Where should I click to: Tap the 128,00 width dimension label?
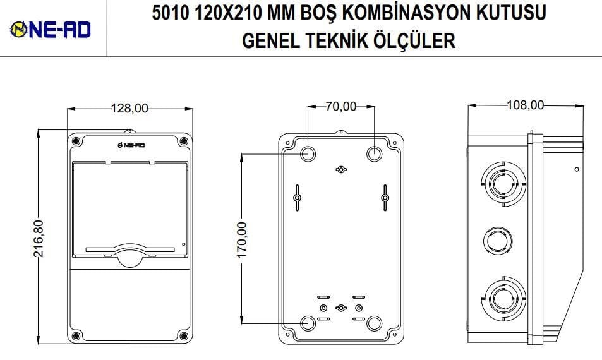click(x=129, y=108)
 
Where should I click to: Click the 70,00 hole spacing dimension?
click(x=340, y=107)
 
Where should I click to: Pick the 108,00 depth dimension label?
click(x=525, y=105)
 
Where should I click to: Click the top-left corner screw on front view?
click(x=76, y=141)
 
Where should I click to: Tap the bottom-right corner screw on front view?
click(x=183, y=335)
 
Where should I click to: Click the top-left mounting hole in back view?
click(x=308, y=153)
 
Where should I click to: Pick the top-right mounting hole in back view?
click(x=373, y=153)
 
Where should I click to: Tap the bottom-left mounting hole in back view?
click(x=308, y=323)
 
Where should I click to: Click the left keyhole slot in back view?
click(x=296, y=197)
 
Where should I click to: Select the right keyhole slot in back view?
click(x=385, y=197)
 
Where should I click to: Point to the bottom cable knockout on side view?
click(x=502, y=296)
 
